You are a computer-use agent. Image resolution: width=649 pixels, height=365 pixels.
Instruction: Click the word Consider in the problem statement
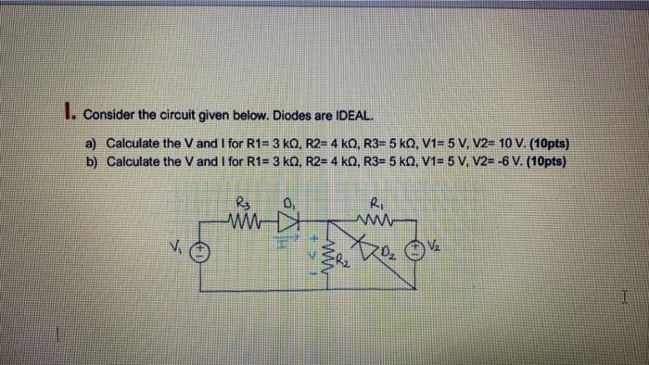(111, 116)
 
